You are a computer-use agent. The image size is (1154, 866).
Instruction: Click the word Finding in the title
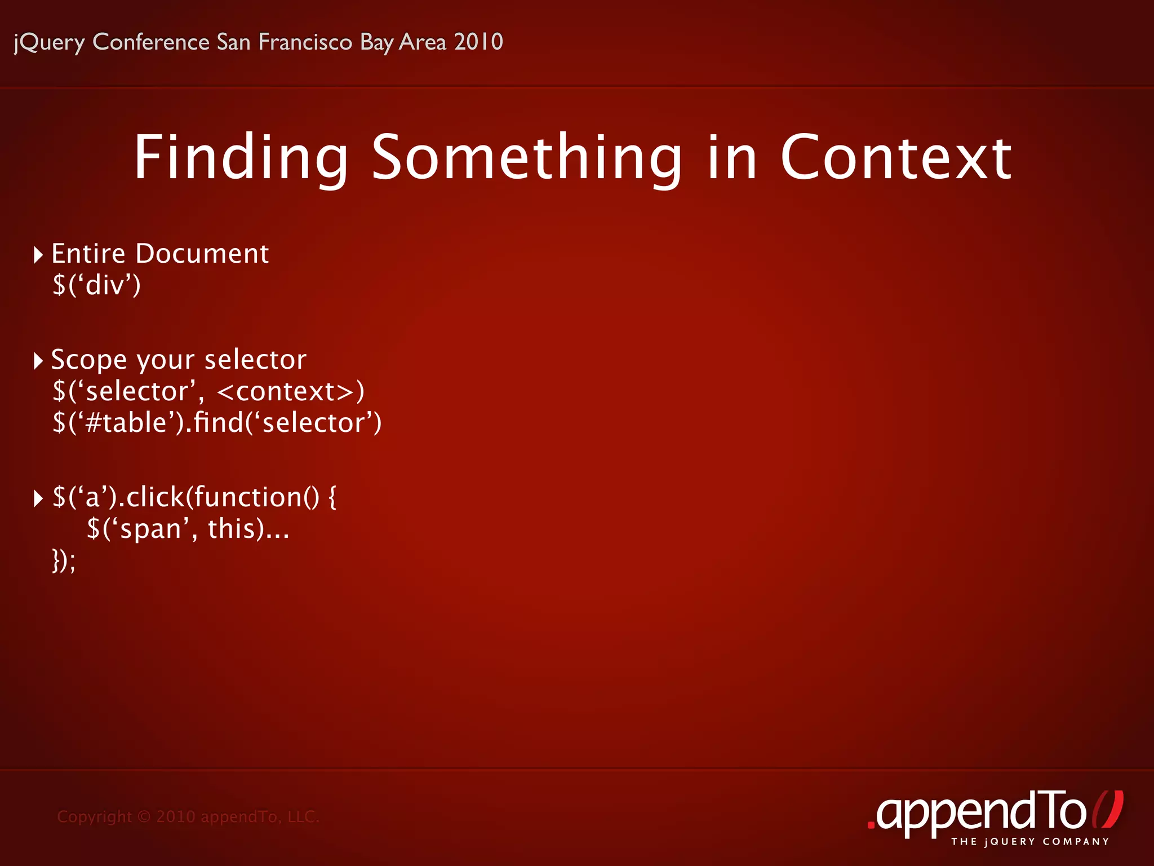coord(241,158)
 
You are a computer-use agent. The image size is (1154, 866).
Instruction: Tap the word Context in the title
coord(896,158)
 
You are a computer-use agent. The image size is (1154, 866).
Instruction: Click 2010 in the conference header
coord(478,42)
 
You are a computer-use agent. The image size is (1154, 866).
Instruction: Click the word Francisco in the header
coord(305,42)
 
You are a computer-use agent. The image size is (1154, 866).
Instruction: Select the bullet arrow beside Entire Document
coord(38,255)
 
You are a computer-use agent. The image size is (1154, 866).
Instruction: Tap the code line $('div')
coord(96,285)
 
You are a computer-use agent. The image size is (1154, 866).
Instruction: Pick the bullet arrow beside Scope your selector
coord(38,361)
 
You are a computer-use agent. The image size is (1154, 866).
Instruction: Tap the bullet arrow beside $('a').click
coord(38,498)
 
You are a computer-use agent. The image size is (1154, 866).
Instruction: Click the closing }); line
coord(64,560)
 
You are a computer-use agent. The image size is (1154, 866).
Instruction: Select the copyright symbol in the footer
coord(144,816)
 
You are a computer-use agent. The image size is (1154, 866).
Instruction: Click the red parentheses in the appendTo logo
coord(1108,810)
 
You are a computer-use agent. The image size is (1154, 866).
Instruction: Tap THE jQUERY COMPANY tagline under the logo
coord(1030,842)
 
